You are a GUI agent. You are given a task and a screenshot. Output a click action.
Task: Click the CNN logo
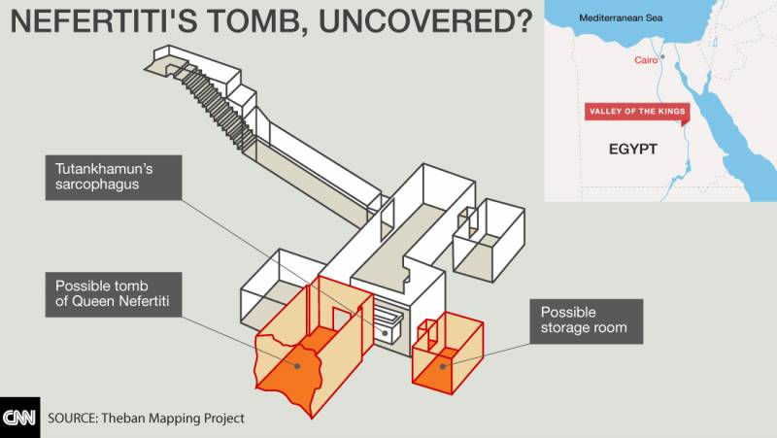(x=19, y=418)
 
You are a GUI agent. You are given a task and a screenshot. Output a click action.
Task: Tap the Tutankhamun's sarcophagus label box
(x=114, y=178)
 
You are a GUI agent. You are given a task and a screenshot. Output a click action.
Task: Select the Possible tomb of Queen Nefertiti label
(x=114, y=294)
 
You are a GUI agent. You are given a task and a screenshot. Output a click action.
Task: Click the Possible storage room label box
(x=587, y=321)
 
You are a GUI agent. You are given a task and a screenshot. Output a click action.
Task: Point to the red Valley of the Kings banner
(x=637, y=112)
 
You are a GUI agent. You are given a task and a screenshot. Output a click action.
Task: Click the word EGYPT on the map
(x=633, y=150)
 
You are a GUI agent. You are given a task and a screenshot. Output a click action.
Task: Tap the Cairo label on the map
(x=646, y=60)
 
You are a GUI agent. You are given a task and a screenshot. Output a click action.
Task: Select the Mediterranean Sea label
(x=621, y=18)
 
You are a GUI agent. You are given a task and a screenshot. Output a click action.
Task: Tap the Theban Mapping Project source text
(x=147, y=419)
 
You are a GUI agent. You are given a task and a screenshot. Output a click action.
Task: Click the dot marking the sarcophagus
(x=385, y=333)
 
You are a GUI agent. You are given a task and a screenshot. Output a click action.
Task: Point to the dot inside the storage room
(x=443, y=367)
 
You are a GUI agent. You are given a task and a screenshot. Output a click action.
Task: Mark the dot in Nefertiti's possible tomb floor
(x=297, y=366)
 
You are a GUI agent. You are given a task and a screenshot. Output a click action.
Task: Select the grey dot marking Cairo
(x=662, y=57)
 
